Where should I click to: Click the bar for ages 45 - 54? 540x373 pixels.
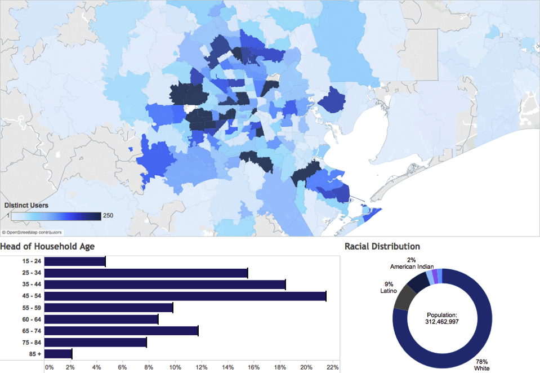185,296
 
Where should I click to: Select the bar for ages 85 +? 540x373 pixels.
58,354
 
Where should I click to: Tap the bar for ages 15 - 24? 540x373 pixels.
74,261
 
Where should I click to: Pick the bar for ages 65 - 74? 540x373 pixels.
121,331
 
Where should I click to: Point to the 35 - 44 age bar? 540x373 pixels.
164,285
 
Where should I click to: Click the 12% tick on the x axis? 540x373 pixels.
201,367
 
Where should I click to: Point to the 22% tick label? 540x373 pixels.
332,367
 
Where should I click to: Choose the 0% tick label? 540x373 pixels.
49,367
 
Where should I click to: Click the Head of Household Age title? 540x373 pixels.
47,246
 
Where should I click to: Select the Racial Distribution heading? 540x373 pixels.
382,246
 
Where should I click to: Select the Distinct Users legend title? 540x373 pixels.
26,205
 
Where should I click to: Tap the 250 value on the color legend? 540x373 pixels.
108,216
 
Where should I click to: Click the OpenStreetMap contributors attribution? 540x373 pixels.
32,232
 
